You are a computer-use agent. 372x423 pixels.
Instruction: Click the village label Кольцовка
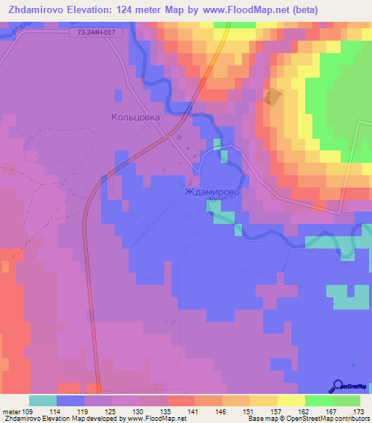136,116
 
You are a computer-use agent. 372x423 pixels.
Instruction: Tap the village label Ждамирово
212,194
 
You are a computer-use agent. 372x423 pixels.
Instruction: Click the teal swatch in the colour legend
42,400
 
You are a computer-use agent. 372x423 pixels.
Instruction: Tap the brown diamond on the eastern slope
272,97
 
